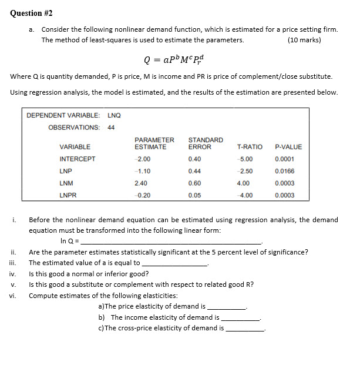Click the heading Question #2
click(x=34, y=13)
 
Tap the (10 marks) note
click(x=304, y=40)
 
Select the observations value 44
click(x=112, y=127)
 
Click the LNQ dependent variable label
click(x=114, y=115)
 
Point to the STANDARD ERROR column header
click(x=205, y=143)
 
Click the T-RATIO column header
click(x=250, y=147)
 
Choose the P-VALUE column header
click(x=288, y=147)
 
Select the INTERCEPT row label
click(x=77, y=159)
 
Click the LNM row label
click(x=66, y=183)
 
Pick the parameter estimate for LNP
click(x=143, y=171)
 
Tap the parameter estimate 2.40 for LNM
click(x=141, y=183)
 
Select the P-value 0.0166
click(x=284, y=171)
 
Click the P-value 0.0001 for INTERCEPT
click(x=284, y=159)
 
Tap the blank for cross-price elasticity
click(x=245, y=328)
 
